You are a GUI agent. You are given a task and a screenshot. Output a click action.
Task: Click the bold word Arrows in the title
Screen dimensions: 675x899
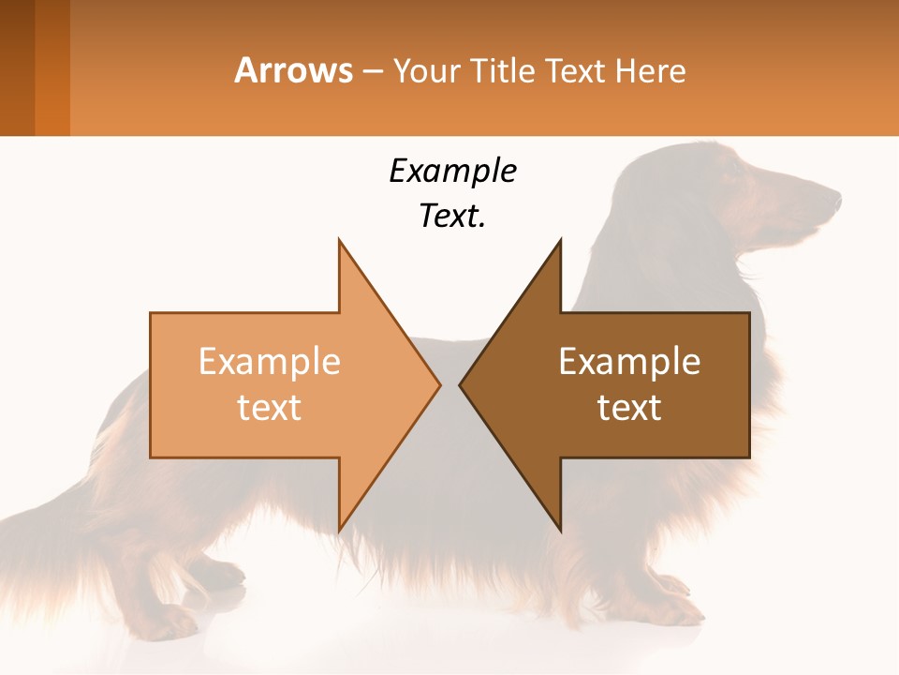293,70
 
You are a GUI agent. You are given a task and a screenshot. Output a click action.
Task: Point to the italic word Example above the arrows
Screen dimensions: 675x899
452,171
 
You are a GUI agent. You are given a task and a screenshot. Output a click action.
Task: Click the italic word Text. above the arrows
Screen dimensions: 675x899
452,216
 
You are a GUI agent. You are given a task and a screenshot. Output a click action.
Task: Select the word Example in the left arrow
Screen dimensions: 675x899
270,362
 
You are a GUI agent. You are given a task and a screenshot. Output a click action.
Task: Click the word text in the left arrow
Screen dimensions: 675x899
270,408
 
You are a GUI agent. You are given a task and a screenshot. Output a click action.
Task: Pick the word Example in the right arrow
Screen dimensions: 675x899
629,362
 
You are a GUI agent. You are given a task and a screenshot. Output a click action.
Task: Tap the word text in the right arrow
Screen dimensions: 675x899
629,408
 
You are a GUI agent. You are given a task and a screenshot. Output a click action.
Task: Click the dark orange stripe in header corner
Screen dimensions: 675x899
52,67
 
